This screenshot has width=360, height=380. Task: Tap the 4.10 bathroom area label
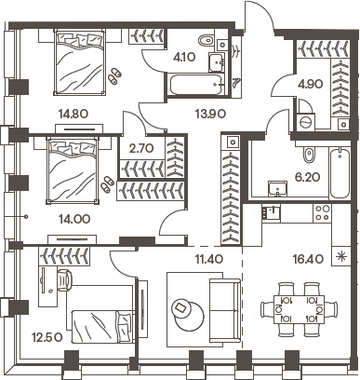coord(183,54)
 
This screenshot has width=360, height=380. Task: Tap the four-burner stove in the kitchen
coord(321,211)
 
